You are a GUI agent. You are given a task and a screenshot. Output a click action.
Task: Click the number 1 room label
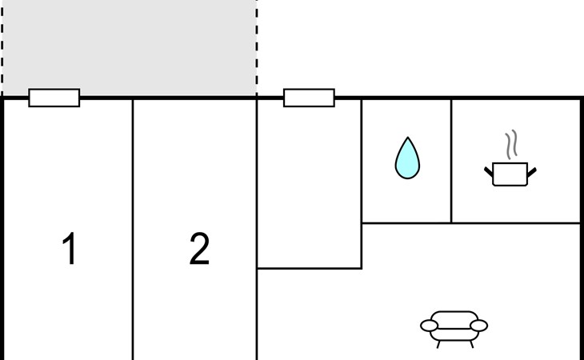pyautogui.click(x=70, y=248)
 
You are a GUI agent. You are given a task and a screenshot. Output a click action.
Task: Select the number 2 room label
pyautogui.click(x=199, y=248)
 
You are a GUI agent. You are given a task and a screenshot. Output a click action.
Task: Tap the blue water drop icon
pyautogui.click(x=407, y=158)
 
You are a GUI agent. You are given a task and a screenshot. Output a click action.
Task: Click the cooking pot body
pyautogui.click(x=510, y=174)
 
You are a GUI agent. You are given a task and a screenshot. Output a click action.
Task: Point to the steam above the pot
pyautogui.click(x=511, y=144)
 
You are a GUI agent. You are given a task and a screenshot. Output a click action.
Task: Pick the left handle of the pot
pyautogui.click(x=488, y=172)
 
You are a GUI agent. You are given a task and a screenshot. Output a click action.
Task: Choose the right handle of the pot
pyautogui.click(x=531, y=172)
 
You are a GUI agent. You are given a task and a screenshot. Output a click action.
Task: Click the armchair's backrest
pyautogui.click(x=454, y=318)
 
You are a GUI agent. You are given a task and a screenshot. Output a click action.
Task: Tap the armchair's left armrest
pyautogui.click(x=429, y=326)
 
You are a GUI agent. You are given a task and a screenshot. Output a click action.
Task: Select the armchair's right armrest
pyautogui.click(x=479, y=326)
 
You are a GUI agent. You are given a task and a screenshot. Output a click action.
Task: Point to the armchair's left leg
pyautogui.click(x=438, y=344)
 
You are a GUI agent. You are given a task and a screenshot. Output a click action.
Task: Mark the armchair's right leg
pyautogui.click(x=471, y=344)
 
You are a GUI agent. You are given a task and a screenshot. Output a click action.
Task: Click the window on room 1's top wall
pyautogui.click(x=54, y=98)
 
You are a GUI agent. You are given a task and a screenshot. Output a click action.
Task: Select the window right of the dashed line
pyautogui.click(x=309, y=98)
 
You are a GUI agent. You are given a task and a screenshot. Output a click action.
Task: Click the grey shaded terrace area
pyautogui.click(x=130, y=48)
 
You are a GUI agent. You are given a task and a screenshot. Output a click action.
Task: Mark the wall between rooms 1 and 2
pyautogui.click(x=133, y=230)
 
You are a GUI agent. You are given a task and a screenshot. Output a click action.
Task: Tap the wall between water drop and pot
pyautogui.click(x=451, y=161)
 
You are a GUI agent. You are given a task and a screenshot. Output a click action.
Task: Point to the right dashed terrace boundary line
pyautogui.click(x=257, y=48)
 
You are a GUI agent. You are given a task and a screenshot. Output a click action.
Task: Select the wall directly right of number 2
pyautogui.click(x=257, y=230)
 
